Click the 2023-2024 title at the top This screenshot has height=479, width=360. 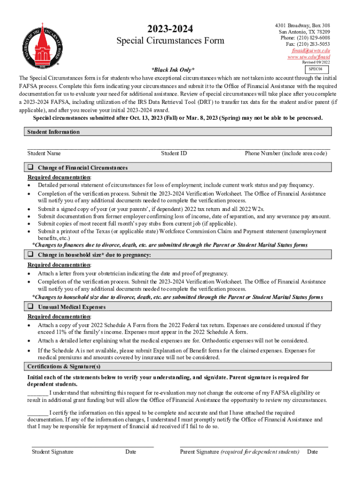(171, 29)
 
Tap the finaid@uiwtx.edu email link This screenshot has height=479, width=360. (311, 51)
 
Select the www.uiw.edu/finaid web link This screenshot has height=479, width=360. (309, 57)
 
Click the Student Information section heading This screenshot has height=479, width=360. (53, 132)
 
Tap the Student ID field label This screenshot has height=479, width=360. (174, 153)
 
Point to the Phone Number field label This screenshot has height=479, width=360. (286, 153)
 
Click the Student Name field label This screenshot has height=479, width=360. (44, 153)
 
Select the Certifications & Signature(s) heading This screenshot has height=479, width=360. (64, 366)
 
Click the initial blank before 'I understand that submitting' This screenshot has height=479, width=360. (37, 393)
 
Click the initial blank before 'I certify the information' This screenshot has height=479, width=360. (37, 413)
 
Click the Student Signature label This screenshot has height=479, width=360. (52, 452)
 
